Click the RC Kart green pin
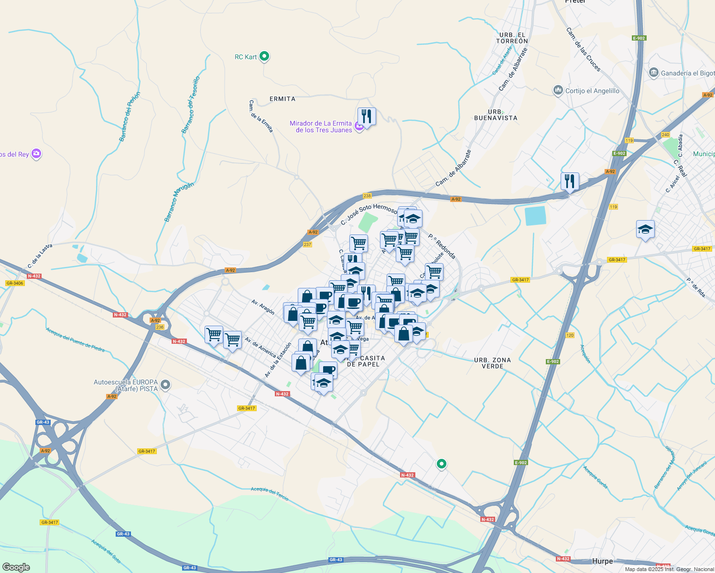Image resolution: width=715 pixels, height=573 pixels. click(264, 57)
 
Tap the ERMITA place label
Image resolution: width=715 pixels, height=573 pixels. click(282, 99)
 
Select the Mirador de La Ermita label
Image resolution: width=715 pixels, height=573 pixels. click(321, 127)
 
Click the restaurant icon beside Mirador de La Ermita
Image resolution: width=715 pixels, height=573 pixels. click(367, 116)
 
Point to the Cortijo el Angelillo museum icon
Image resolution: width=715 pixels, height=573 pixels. click(558, 90)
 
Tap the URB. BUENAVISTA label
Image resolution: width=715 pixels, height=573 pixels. click(496, 115)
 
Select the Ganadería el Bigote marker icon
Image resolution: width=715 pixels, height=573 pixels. click(653, 73)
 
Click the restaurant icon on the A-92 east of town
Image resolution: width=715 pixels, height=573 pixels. click(570, 181)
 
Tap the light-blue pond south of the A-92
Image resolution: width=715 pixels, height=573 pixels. click(535, 215)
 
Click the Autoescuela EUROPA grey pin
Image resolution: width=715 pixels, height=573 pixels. click(165, 385)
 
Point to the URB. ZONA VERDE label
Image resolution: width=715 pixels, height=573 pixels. click(492, 363)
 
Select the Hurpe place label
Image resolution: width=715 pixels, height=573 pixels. click(602, 561)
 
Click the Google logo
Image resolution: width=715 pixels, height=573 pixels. click(16, 567)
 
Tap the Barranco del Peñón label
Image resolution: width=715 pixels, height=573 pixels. click(130, 117)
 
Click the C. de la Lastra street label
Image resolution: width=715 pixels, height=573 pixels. click(40, 256)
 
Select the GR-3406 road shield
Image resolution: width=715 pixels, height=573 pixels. click(15, 283)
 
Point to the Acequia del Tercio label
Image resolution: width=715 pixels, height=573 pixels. click(270, 493)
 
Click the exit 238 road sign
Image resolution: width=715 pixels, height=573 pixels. click(367, 196)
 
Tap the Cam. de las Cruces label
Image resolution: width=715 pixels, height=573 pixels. click(583, 50)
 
